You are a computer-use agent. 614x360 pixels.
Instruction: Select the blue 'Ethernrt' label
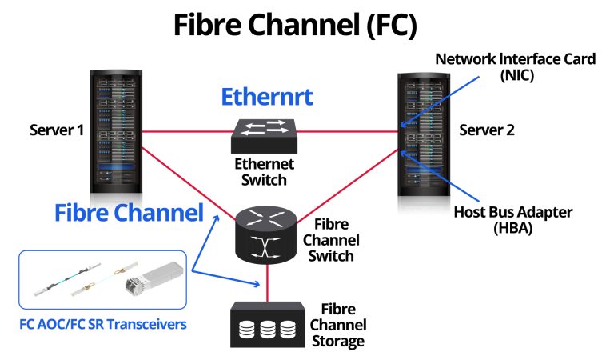(266, 98)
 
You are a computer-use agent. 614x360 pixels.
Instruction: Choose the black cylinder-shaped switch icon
(265, 234)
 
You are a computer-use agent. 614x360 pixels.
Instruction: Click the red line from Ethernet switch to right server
(348, 131)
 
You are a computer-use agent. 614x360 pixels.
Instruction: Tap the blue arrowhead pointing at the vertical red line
(257, 283)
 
